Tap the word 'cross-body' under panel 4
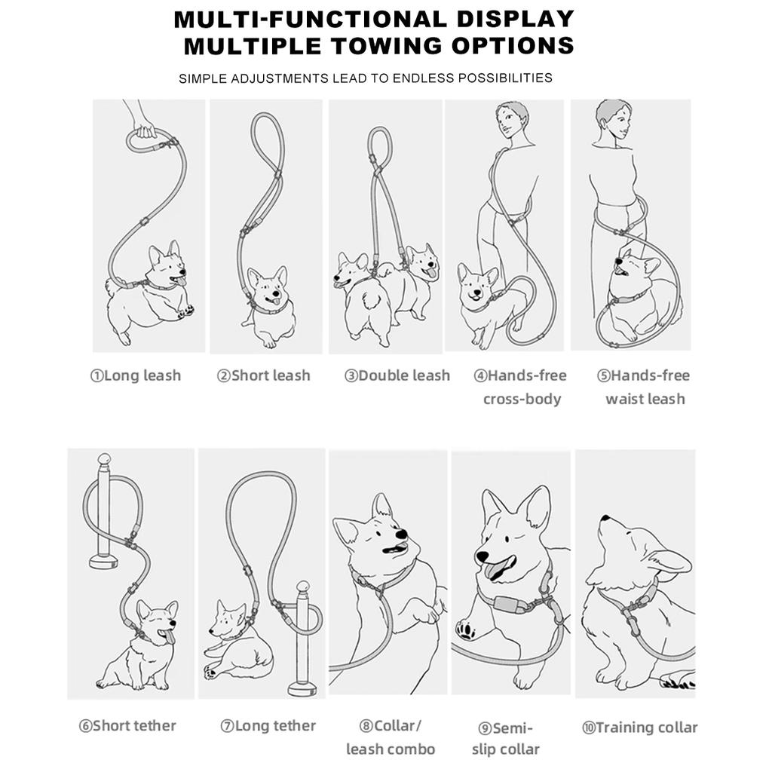click(522, 399)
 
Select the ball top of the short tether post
click(104, 459)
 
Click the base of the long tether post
click(302, 688)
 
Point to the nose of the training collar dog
click(603, 519)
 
